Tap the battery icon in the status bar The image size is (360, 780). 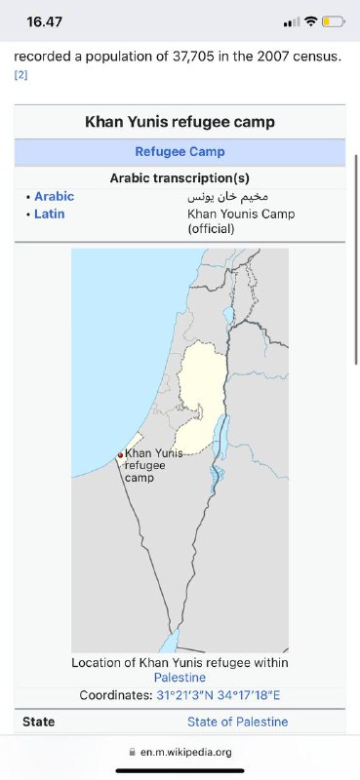pyautogui.click(x=333, y=20)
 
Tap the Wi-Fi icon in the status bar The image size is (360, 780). pyautogui.click(x=310, y=20)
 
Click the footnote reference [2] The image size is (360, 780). pyautogui.click(x=20, y=74)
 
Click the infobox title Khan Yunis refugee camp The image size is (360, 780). pyautogui.click(x=180, y=122)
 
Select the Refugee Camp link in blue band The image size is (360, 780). pyautogui.click(x=180, y=152)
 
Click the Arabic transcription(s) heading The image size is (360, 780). pyautogui.click(x=180, y=178)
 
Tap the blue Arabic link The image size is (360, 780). pyautogui.click(x=54, y=196)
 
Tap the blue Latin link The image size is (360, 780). pyautogui.click(x=50, y=214)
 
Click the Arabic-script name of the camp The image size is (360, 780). pyautogui.click(x=226, y=196)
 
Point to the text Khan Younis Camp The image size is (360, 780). pyautogui.click(x=240, y=214)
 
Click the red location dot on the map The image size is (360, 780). pyautogui.click(x=120, y=454)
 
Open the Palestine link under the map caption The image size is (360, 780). pyautogui.click(x=180, y=677)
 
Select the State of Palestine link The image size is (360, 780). pyautogui.click(x=238, y=721)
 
